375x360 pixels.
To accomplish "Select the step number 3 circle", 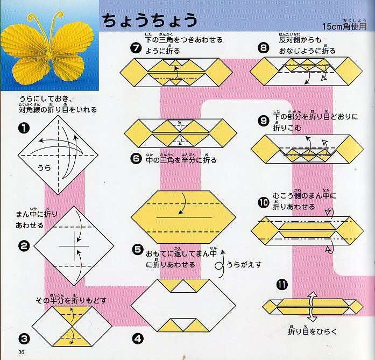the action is click(x=24, y=338).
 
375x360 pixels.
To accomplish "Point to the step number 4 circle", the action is click(x=138, y=338).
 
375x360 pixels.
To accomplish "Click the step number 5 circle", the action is click(x=138, y=250).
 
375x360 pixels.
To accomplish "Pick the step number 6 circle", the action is click(x=137, y=160).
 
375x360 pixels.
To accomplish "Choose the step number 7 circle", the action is click(x=137, y=47).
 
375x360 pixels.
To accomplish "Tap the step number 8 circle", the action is click(x=263, y=47).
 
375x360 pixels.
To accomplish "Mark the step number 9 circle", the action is click(x=264, y=121).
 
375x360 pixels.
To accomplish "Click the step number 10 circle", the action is click(x=263, y=202).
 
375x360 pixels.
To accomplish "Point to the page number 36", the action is click(x=21, y=352).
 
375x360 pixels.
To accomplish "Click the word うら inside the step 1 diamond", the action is click(x=44, y=167).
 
